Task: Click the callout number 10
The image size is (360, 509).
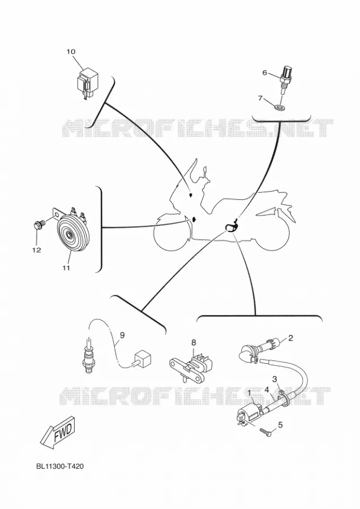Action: click(71, 51)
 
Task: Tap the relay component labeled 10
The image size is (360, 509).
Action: click(86, 83)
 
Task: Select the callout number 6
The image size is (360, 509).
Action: click(264, 73)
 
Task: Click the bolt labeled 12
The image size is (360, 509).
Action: click(38, 225)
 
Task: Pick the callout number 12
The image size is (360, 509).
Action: click(36, 250)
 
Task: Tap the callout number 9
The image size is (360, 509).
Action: click(122, 334)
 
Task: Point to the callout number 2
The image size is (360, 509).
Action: click(290, 338)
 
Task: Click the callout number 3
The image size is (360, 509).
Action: click(275, 379)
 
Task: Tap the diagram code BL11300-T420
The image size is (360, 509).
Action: click(60, 467)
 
